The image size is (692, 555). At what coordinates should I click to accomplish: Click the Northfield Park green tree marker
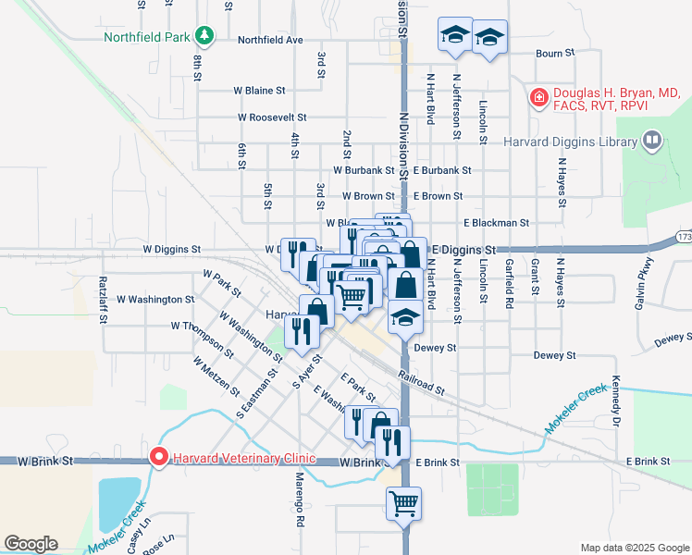pyautogui.click(x=204, y=37)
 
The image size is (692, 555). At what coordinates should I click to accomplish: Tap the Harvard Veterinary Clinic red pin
pyautogui.click(x=158, y=457)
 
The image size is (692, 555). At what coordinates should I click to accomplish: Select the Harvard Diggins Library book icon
pyautogui.click(x=652, y=142)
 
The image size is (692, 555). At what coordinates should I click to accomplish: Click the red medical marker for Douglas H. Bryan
pyautogui.click(x=538, y=96)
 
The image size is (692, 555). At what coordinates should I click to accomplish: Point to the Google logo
pyautogui.click(x=31, y=544)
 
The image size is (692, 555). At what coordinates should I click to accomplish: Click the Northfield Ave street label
pyautogui.click(x=270, y=41)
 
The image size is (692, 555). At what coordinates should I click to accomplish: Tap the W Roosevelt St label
pyautogui.click(x=272, y=118)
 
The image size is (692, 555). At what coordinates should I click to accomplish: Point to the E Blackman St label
pyautogui.click(x=496, y=223)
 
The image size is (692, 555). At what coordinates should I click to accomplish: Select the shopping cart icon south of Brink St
pyautogui.click(x=404, y=504)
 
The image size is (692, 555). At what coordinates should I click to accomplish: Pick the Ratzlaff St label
pyautogui.click(x=103, y=299)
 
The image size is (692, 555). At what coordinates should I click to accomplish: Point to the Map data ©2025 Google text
pyautogui.click(x=634, y=548)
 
